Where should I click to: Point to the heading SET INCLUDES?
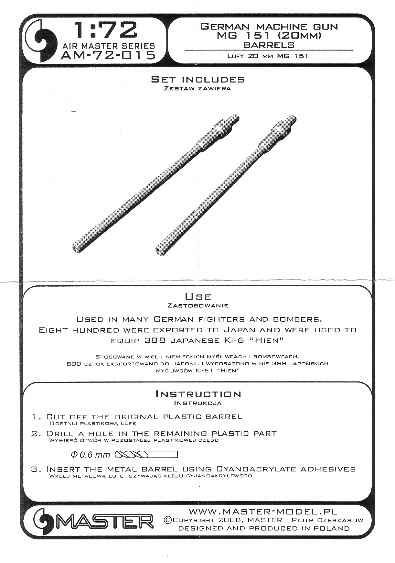tap(197, 80)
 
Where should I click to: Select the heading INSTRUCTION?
tap(198, 394)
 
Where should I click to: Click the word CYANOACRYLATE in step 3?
tap(257, 469)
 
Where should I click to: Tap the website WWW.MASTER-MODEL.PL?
tap(263, 512)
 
